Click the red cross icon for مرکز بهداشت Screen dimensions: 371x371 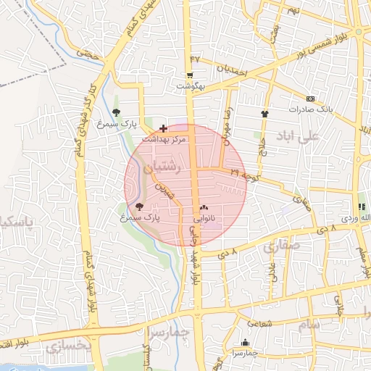click(163, 128)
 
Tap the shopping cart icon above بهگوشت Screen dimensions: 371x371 click(190, 75)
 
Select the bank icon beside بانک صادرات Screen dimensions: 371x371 click(311, 99)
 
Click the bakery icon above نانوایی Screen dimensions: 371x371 click(203, 208)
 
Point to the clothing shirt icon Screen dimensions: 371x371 click(264, 113)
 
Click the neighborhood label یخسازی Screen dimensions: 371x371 click(69, 347)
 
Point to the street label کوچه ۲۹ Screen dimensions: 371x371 click(244, 173)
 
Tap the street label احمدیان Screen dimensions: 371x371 click(233, 70)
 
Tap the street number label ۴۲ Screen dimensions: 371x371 click(194, 58)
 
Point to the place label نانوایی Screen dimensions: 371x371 click(204, 217)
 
